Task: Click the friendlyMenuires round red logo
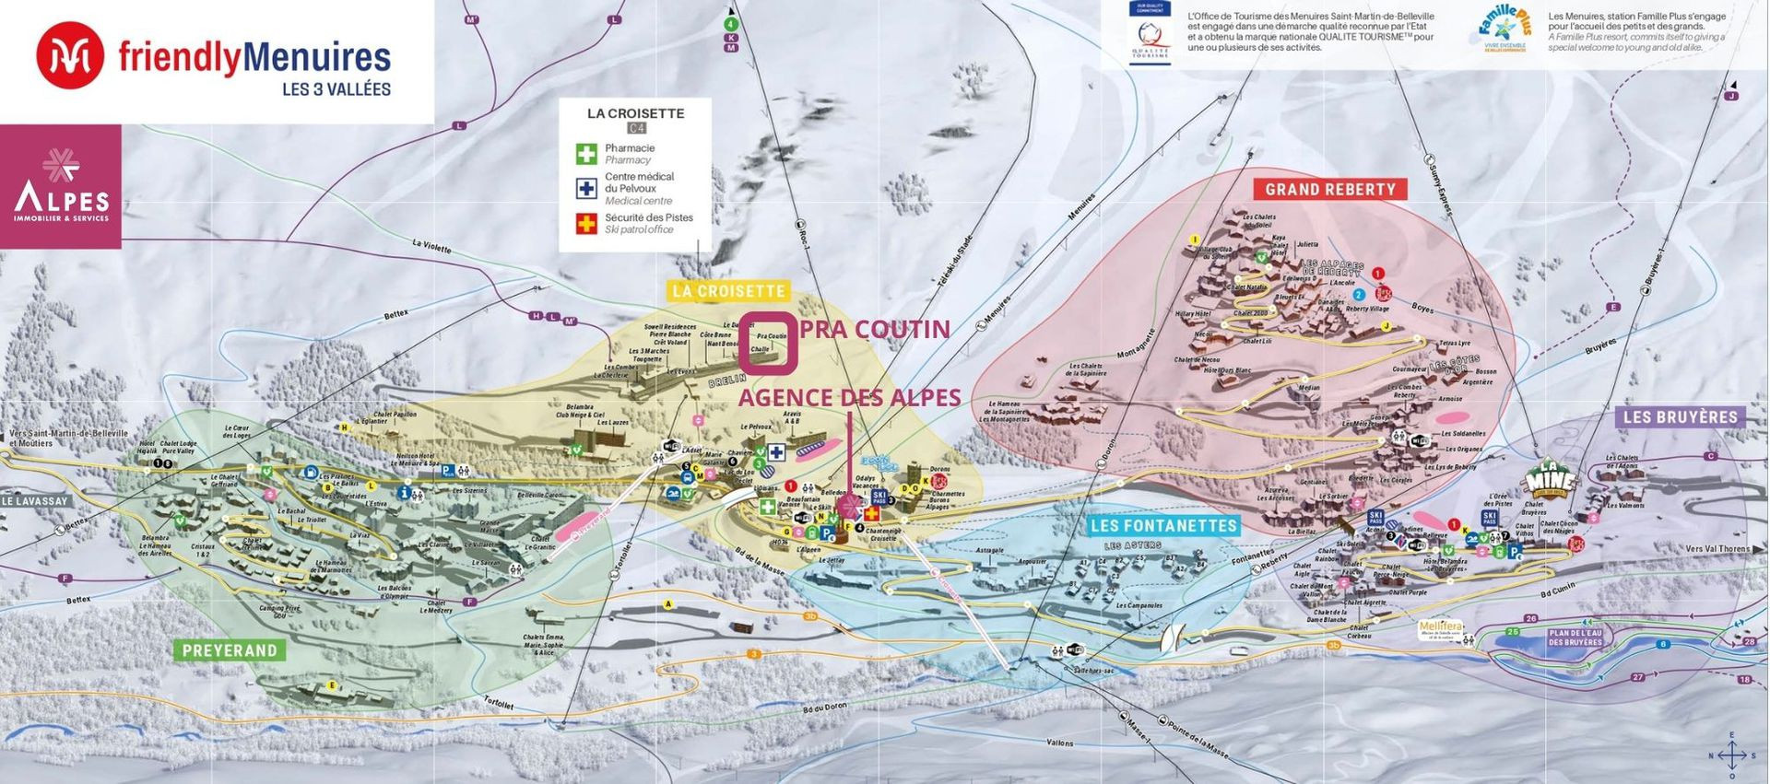click(x=70, y=55)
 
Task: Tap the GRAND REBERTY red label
click(x=1329, y=189)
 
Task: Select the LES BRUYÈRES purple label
click(x=1680, y=416)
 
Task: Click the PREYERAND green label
click(x=230, y=650)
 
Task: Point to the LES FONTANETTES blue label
click(x=1162, y=526)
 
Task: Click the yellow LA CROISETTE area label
click(x=728, y=291)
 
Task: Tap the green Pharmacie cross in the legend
click(x=586, y=153)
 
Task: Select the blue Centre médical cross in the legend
click(x=586, y=188)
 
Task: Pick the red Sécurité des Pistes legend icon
click(x=586, y=223)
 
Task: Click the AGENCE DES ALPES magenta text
click(x=849, y=397)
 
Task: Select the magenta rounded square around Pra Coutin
click(x=770, y=344)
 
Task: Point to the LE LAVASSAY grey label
click(x=35, y=501)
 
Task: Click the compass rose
click(x=1731, y=755)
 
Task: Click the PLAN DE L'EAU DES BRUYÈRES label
click(x=1575, y=638)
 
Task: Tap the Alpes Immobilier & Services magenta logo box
click(x=61, y=187)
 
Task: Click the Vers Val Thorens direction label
click(x=1717, y=549)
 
